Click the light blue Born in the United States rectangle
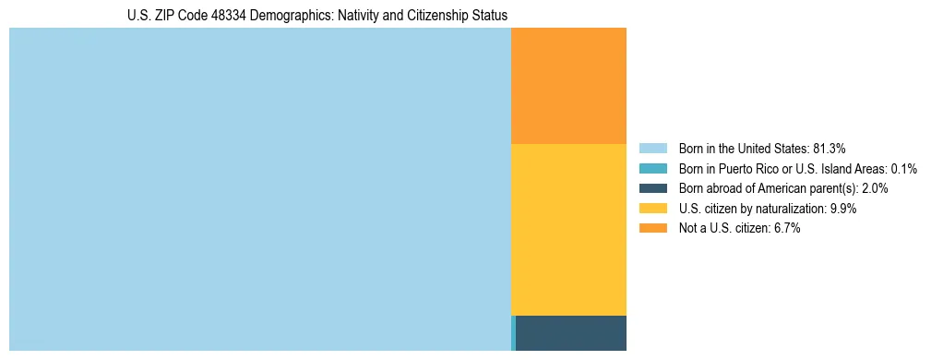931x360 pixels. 259,189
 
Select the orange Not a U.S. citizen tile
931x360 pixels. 568,86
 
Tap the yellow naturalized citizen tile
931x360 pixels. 568,230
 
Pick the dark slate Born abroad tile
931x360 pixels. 571,333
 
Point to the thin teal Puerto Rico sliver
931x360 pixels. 513,333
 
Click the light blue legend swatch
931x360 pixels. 652,148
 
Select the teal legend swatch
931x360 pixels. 652,168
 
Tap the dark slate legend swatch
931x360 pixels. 652,188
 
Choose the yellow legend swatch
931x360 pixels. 652,209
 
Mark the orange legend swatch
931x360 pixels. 652,228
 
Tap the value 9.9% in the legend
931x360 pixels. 843,209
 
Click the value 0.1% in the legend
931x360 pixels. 904,168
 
